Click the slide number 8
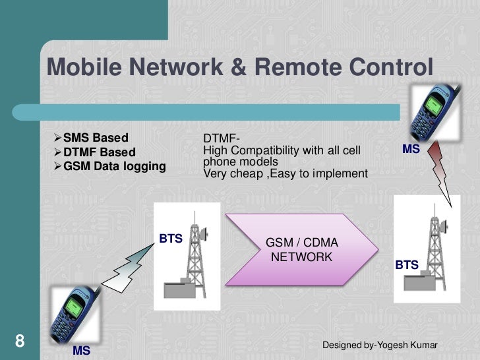(x=19, y=341)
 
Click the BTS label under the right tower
(x=407, y=264)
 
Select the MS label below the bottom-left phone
(x=81, y=351)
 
